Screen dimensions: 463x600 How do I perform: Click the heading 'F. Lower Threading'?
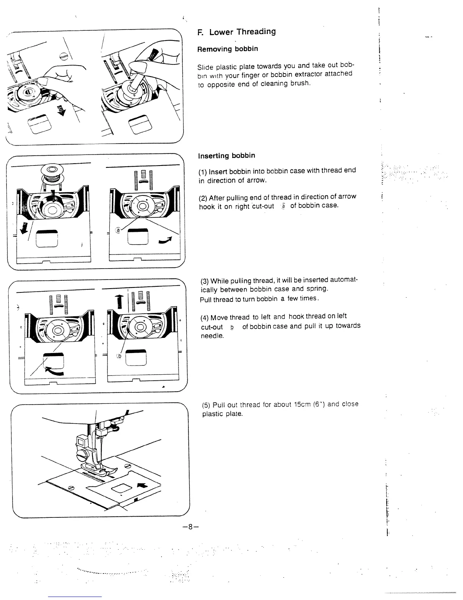point(237,32)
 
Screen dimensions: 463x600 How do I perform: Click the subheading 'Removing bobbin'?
point(227,49)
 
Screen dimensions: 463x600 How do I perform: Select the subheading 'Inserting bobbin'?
point(227,156)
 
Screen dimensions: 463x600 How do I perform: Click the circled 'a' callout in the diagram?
point(118,230)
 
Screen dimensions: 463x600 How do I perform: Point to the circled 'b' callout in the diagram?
point(120,356)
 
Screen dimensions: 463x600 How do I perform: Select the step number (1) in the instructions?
point(203,171)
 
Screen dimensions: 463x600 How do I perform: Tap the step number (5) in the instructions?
point(206,405)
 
